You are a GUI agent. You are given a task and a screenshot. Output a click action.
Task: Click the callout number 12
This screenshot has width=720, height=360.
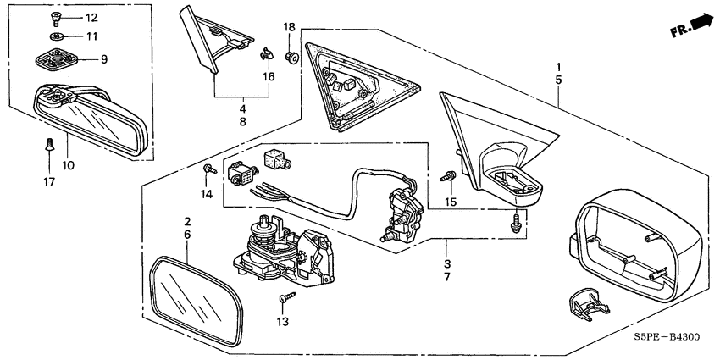(91, 18)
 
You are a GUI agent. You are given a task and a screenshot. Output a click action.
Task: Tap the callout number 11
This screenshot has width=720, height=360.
(91, 36)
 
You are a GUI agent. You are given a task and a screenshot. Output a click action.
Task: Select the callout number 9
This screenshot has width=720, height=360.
(104, 59)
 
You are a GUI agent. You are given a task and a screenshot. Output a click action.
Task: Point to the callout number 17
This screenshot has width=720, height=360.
(49, 182)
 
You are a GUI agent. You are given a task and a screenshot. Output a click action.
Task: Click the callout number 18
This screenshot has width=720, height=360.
(289, 27)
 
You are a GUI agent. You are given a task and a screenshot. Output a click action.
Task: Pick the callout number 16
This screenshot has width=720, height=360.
(269, 76)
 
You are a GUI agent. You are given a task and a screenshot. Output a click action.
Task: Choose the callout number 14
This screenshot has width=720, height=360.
(206, 195)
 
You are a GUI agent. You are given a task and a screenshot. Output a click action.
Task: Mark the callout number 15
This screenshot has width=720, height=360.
(451, 201)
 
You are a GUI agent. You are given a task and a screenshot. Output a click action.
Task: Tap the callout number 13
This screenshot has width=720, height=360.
(283, 322)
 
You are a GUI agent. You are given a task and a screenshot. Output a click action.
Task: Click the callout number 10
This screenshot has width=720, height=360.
(68, 165)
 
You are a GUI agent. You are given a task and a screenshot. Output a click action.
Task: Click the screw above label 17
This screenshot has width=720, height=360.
(48, 145)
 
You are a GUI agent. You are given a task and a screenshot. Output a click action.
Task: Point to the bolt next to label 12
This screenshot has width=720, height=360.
(56, 19)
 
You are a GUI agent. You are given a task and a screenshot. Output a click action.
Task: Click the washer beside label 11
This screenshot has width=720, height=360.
(57, 36)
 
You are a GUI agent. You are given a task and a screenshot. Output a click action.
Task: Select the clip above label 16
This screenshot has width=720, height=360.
(265, 53)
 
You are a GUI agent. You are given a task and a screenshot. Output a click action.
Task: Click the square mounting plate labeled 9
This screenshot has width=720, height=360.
(57, 59)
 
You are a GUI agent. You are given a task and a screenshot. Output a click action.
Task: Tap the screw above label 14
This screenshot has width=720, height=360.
(210, 169)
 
